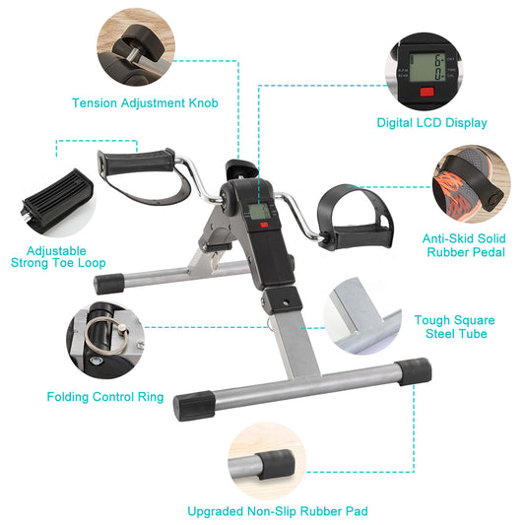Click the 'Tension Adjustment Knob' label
coord(145,102)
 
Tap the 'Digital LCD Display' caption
coord(431,123)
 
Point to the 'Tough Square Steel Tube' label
coord(454,327)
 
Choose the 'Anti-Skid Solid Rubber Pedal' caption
coord(463,244)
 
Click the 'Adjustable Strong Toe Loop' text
coord(58,257)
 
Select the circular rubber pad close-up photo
coord(265,461)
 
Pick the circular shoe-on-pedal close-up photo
coord(475,186)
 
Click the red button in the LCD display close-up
coord(427,94)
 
